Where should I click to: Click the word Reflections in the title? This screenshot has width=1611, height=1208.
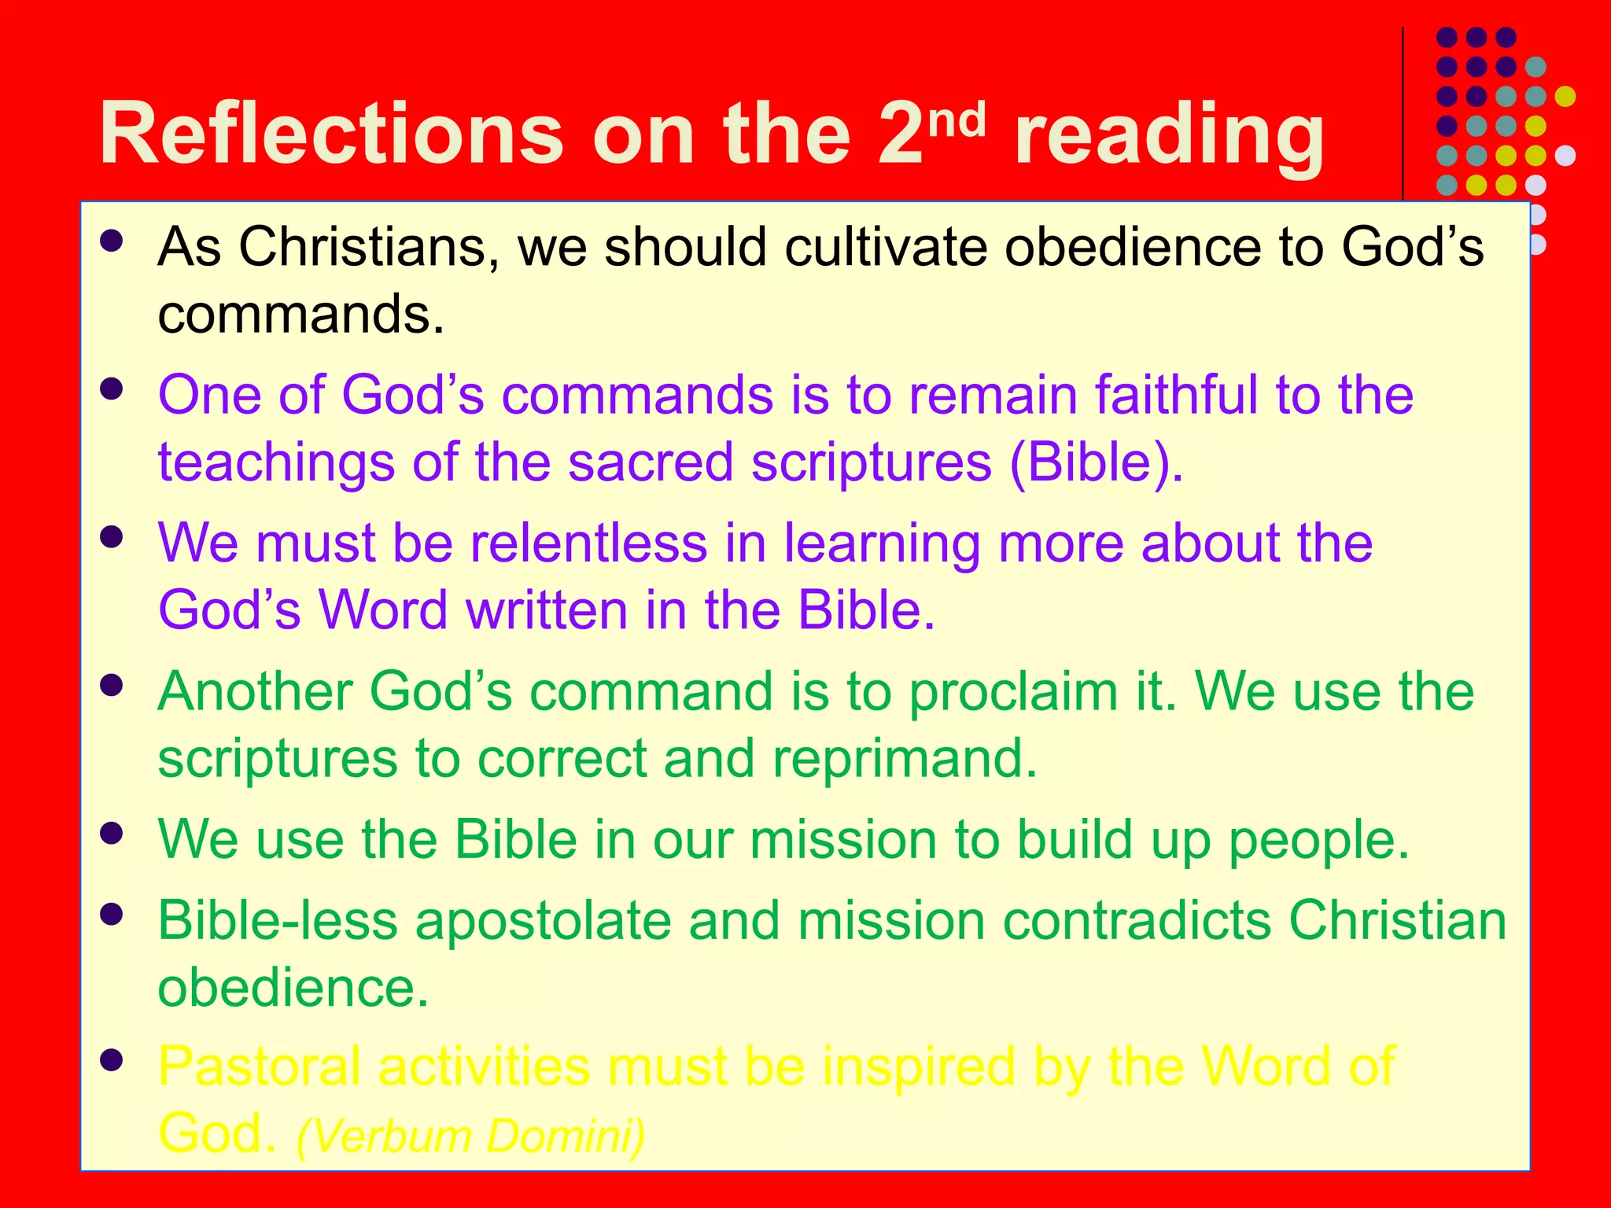point(331,134)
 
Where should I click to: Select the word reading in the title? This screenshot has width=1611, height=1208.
point(1169,135)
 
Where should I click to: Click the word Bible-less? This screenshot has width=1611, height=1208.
point(278,920)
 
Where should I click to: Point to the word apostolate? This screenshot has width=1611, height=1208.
point(543,920)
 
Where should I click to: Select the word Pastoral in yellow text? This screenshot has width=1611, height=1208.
point(260,1067)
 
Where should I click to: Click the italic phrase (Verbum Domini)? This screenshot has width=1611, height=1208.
point(470,1136)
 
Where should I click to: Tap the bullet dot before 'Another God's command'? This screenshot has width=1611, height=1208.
point(112,685)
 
